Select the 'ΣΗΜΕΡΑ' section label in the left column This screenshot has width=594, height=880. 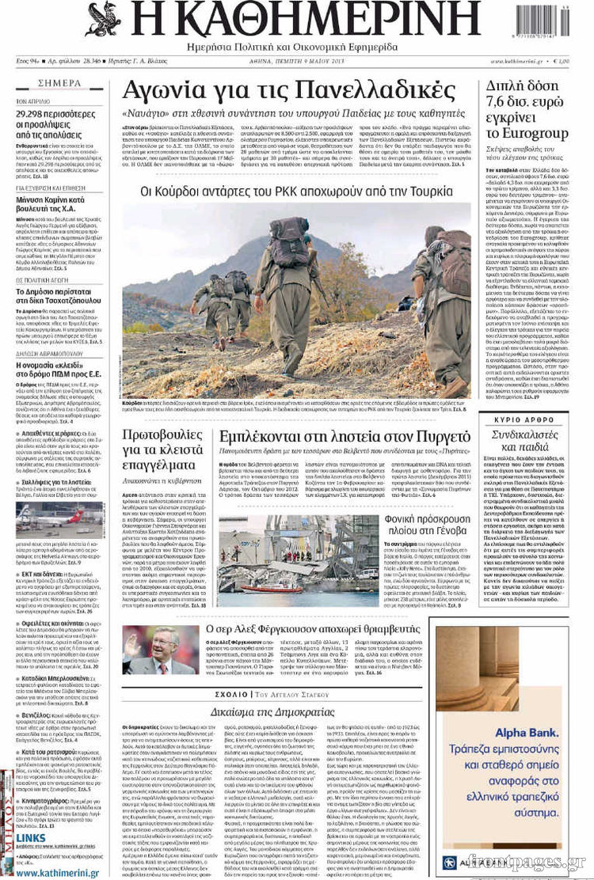(x=59, y=83)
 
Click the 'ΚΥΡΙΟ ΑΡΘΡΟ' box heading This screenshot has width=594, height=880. (x=524, y=419)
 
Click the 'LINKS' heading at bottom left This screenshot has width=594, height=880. (x=31, y=837)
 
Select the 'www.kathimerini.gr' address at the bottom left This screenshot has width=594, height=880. (x=57, y=873)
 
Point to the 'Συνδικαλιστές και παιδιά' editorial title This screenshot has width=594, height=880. (x=524, y=442)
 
